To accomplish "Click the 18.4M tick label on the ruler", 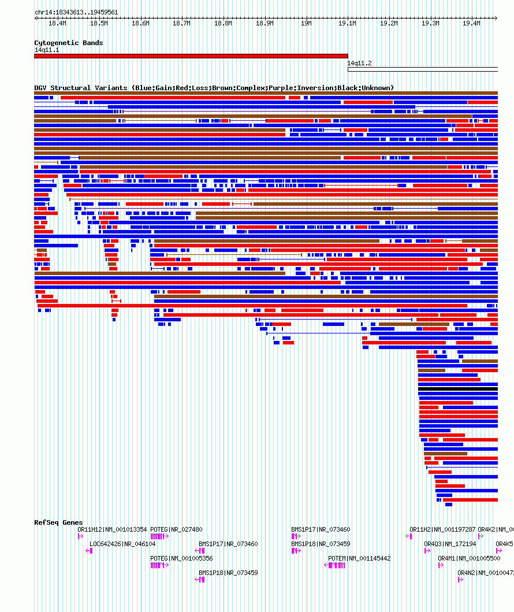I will pos(57,23).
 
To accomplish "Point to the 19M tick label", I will pos(306,23).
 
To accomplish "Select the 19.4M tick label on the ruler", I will pos(472,23).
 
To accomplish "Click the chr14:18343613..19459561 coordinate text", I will pos(76,12).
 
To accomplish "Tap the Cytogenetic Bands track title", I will pos(68,43).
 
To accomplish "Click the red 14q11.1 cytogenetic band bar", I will pos(191,56).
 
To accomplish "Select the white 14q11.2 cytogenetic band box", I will pos(422,69).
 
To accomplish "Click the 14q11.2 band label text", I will pos(359,63).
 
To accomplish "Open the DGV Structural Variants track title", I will pos(214,88).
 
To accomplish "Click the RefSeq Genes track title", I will pos(58,522).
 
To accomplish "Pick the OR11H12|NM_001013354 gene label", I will pos(112,529).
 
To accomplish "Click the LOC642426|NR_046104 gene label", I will pos(122,544).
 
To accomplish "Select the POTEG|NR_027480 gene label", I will pos(176,529).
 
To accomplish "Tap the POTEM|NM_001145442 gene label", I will pos(359,558).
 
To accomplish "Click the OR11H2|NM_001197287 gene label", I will pos(442,529).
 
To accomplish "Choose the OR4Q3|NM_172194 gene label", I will pos(449,544).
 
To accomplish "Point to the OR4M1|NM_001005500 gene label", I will pos(469,558).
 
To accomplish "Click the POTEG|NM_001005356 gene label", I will pos(181,558).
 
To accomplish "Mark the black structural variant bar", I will pos(457,389).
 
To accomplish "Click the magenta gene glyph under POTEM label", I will pos(335,565).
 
